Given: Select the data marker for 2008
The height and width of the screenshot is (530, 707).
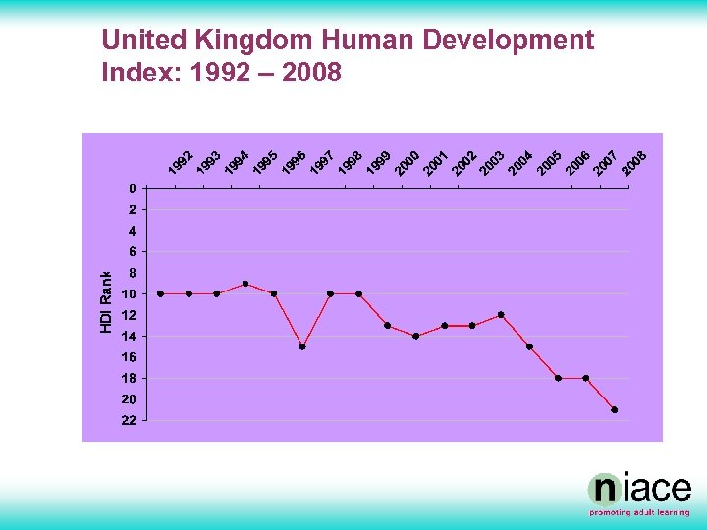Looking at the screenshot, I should pos(615,409).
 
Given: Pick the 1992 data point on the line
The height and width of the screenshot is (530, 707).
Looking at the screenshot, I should pos(161,293).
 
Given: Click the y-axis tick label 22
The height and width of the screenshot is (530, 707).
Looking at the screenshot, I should pos(129,421).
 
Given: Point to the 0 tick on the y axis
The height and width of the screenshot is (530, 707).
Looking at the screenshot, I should pos(132,188).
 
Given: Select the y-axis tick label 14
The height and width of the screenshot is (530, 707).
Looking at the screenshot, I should pos(129,337).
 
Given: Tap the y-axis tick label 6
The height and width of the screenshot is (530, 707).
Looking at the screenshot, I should pos(132,252).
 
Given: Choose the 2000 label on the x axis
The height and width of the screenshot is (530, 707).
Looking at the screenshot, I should pos(408,163).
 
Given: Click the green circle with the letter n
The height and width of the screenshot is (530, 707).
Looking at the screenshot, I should pos(603,490).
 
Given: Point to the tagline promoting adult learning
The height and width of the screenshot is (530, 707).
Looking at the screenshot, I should pos(639,512).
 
